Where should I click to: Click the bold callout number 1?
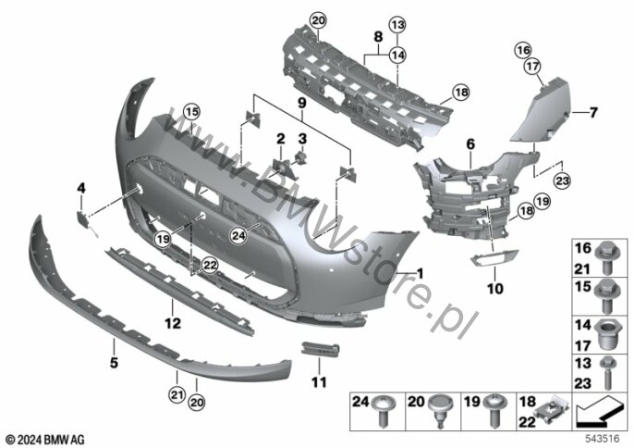(x=420, y=273)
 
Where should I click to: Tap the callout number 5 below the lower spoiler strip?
(x=114, y=364)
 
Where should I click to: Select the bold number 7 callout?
(x=594, y=113)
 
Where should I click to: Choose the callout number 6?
(x=469, y=144)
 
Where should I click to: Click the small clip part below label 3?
(x=300, y=163)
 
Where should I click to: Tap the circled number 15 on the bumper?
(x=190, y=113)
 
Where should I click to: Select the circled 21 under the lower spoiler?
(x=177, y=396)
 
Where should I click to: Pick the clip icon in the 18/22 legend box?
(x=553, y=409)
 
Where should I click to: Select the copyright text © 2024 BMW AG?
(x=43, y=438)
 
